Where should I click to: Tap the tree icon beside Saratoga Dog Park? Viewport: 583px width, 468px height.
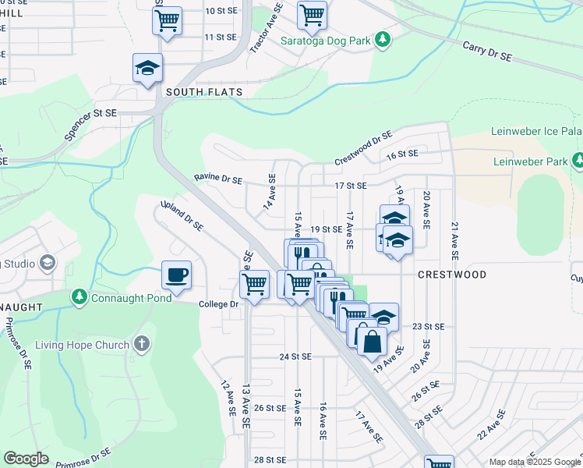382,39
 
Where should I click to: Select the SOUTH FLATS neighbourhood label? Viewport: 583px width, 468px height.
204,92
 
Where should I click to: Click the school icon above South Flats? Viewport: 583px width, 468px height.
147,68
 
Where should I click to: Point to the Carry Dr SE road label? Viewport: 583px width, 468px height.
487,51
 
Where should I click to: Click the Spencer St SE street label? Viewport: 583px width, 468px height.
90,125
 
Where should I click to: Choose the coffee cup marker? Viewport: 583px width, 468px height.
176,275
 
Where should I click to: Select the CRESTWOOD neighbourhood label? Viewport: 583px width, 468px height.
452,275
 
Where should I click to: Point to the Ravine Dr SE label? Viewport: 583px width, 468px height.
218,179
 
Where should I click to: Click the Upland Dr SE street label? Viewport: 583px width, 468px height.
182,216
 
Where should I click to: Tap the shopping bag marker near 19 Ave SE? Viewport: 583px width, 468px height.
373,341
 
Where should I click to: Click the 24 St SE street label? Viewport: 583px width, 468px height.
295,356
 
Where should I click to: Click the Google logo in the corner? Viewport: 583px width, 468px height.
26,459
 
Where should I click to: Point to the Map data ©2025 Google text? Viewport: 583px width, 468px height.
535,462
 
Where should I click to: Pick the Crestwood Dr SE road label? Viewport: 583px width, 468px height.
363,148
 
